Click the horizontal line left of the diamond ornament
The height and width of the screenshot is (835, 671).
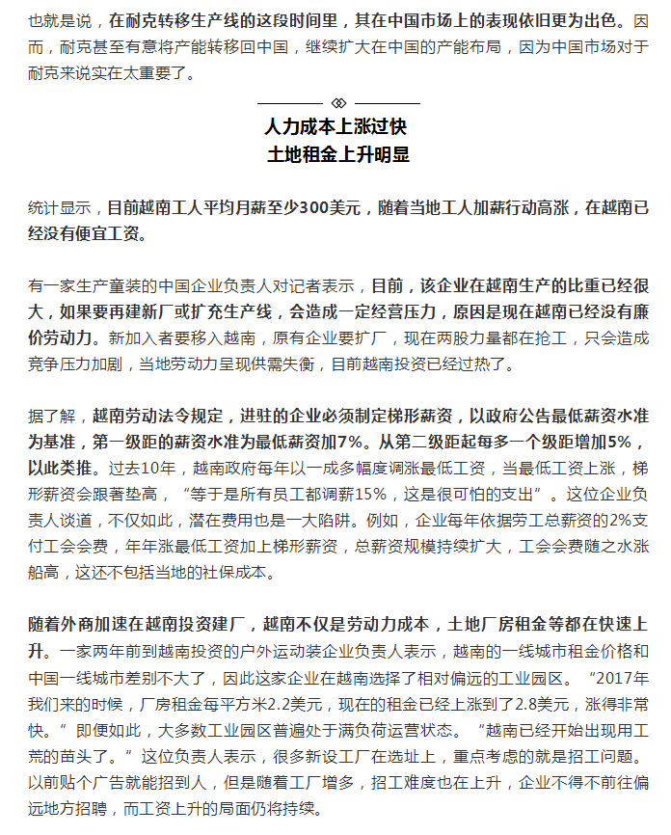pyautogui.click(x=290, y=102)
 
